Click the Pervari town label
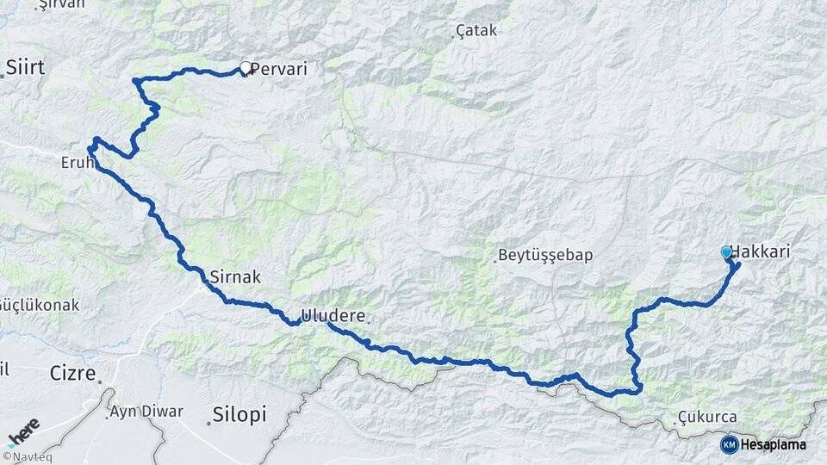[x=278, y=67]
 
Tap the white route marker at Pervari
[x=246, y=68]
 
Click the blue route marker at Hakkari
[x=727, y=252]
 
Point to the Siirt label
[x=25, y=67]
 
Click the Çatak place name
[x=478, y=31]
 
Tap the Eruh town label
[x=76, y=161]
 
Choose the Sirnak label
[x=235, y=277]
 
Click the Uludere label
[x=333, y=314]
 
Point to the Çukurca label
[x=707, y=417]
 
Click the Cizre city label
[x=71, y=373]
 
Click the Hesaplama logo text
[x=774, y=444]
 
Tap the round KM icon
[x=729, y=444]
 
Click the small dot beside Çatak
[x=454, y=36]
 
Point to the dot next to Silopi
[x=209, y=422]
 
